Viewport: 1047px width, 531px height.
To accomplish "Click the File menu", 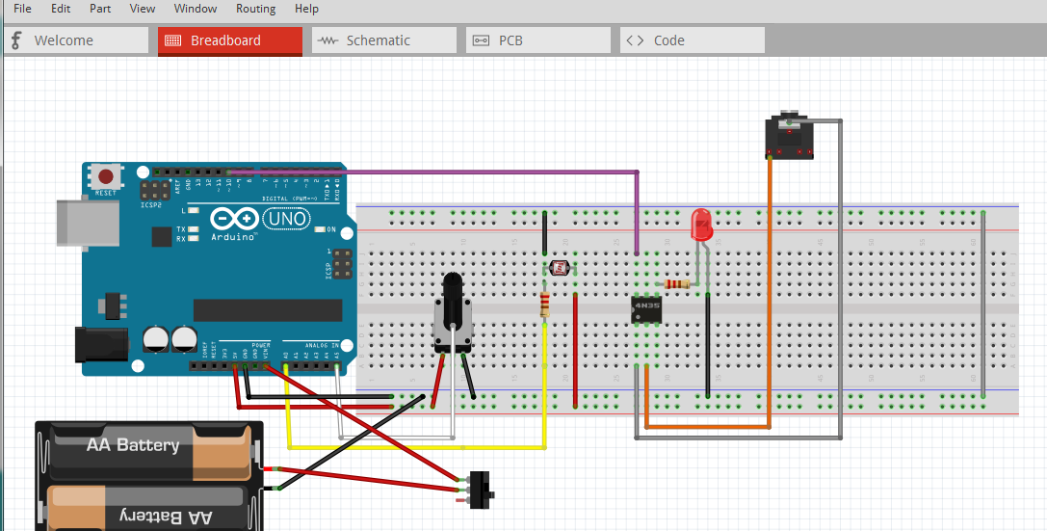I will click(22, 9).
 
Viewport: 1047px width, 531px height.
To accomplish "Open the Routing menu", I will click(255, 9).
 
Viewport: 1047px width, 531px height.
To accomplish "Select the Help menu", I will click(306, 9).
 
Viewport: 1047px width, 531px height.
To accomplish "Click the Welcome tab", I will click(64, 40).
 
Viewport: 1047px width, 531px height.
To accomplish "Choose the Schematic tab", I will click(378, 40).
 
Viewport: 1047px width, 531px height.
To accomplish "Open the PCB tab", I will click(510, 40).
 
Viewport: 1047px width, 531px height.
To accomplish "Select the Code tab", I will click(668, 40).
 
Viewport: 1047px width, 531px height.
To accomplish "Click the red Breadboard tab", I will click(225, 40).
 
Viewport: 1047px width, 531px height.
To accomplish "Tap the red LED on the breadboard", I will click(702, 226).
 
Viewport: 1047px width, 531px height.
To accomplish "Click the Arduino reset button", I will click(104, 177).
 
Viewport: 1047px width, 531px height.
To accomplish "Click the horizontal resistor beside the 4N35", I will click(678, 284).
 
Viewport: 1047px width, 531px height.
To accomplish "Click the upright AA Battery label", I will click(133, 445).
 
